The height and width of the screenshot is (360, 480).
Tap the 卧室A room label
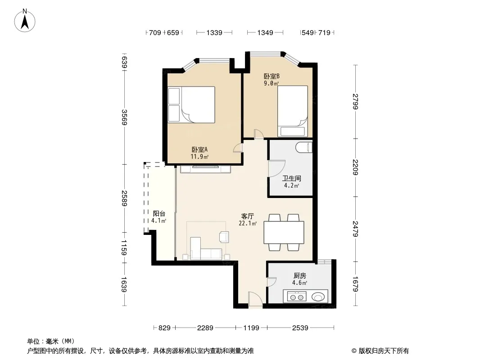coord(199,149)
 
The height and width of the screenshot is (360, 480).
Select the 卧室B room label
coord(272,76)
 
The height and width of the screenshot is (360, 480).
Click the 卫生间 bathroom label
coord(292,178)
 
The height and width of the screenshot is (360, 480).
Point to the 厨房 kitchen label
coord(300,275)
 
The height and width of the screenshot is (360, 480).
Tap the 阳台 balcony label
coord(159,213)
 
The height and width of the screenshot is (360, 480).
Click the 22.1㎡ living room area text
coord(248,224)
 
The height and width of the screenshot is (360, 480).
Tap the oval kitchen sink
coord(318,297)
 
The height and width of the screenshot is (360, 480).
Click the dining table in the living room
coord(284,233)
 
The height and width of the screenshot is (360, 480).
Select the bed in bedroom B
coord(293,111)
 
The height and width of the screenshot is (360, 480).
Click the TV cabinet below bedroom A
coord(205,169)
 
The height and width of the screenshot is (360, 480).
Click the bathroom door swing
coord(277,169)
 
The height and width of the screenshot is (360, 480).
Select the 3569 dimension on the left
coord(124,117)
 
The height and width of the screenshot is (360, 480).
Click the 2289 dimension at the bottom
coord(205,328)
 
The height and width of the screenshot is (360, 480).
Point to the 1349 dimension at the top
coord(265,32)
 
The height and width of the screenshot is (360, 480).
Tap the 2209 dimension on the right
coord(355,167)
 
